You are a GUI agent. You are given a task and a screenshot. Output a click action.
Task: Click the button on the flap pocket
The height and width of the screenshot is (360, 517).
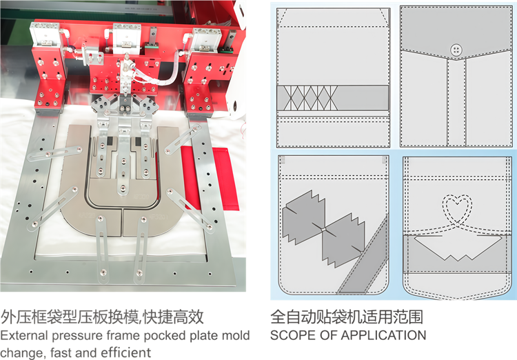(455, 48)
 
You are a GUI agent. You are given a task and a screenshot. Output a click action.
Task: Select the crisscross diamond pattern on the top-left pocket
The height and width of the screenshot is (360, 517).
(307, 98)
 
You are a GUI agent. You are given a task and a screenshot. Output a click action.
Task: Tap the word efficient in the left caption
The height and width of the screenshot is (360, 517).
(129, 353)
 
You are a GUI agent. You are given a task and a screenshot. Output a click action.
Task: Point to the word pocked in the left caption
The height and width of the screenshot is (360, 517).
(156, 336)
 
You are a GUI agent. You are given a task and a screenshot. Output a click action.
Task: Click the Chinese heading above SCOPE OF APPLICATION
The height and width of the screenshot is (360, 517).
(346, 317)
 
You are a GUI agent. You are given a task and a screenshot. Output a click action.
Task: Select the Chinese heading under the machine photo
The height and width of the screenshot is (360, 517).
(102, 317)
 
